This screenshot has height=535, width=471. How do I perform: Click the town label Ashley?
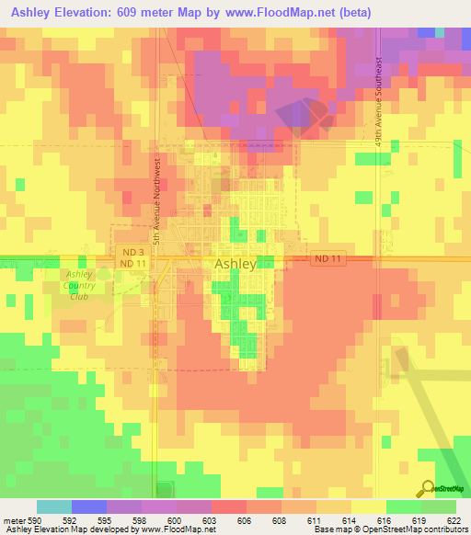tap(235, 264)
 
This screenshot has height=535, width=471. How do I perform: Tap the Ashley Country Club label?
tap(79, 285)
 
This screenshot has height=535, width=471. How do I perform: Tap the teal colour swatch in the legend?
tap(54, 507)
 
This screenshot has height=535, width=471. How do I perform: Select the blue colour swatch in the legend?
tap(89, 507)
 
